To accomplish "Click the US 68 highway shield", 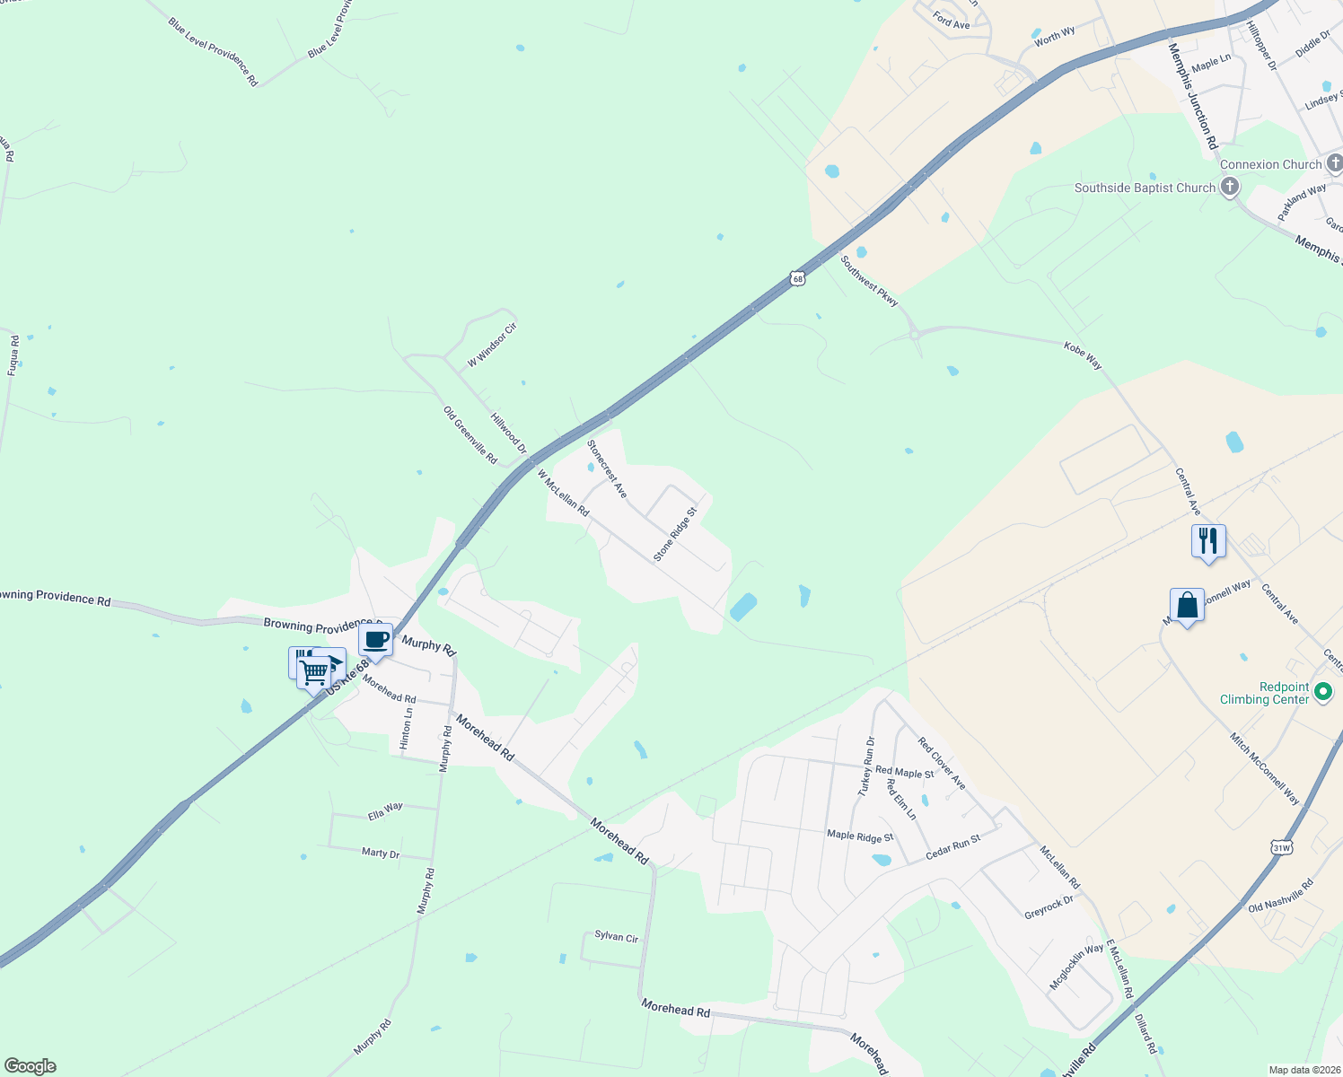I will pyautogui.click(x=798, y=278).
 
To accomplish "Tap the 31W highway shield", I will pyautogui.click(x=1281, y=847).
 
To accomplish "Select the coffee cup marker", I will pyautogui.click(x=375, y=641).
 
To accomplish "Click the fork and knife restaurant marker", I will pyautogui.click(x=1208, y=541).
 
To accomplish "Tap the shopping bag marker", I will pyautogui.click(x=1187, y=606).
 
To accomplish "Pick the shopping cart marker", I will pyautogui.click(x=314, y=670).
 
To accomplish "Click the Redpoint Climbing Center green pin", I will pyautogui.click(x=1321, y=692).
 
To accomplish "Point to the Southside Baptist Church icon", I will pyautogui.click(x=1229, y=187).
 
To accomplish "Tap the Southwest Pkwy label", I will pyautogui.click(x=869, y=281).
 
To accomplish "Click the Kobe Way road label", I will pyautogui.click(x=1083, y=355).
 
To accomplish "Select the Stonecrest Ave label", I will pyautogui.click(x=607, y=468).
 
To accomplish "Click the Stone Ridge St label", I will pyautogui.click(x=675, y=535).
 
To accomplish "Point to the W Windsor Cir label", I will pyautogui.click(x=492, y=346).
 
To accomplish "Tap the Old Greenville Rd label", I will pyautogui.click(x=470, y=435).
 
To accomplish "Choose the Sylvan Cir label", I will pyautogui.click(x=616, y=936).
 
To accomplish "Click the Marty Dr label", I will pyautogui.click(x=380, y=853).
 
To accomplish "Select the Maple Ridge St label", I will pyautogui.click(x=860, y=836).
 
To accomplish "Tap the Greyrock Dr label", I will pyautogui.click(x=1049, y=907).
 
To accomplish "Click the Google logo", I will pyautogui.click(x=31, y=1066).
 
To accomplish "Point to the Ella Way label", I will pyautogui.click(x=385, y=811).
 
